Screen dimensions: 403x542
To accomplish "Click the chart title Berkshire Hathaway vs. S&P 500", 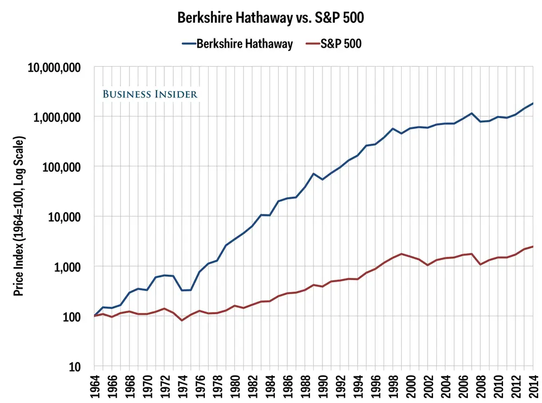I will [270, 17].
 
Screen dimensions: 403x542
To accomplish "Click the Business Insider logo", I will [150, 94].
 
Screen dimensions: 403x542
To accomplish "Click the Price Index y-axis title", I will [19, 217].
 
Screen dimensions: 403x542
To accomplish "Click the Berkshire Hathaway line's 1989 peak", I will [313, 174].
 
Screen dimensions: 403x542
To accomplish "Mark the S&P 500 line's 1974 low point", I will [182, 320].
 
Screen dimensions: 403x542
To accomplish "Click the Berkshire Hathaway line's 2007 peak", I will [472, 113].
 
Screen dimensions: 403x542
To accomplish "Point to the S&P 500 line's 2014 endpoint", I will [533, 246].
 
